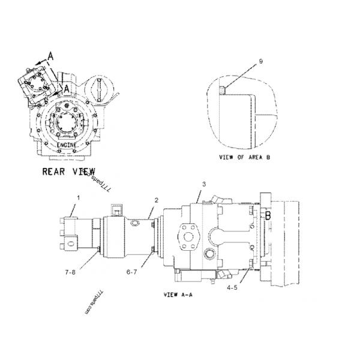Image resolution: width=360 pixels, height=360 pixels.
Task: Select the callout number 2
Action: (x=156, y=200)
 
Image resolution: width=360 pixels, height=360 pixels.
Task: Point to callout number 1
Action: (x=77, y=197)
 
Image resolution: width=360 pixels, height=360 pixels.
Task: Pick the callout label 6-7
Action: (x=133, y=272)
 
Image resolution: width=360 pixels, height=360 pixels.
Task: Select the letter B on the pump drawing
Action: (x=268, y=215)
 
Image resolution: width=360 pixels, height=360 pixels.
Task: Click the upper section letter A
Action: (x=50, y=56)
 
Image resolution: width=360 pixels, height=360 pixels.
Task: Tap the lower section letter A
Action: (x=67, y=88)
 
